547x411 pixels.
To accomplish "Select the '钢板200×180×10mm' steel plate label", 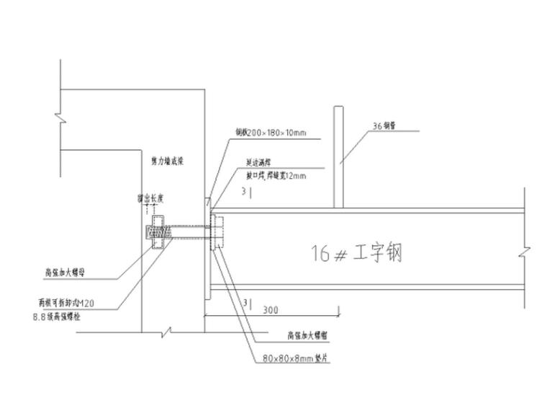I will tap(271, 132).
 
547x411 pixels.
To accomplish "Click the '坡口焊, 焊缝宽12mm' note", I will tap(276, 175).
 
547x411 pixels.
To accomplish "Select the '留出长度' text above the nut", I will tap(150, 197).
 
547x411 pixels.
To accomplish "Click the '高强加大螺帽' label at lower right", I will tap(305, 335).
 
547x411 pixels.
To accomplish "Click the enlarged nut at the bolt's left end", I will tap(157, 232).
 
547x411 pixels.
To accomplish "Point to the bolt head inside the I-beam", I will tap(215, 232).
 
